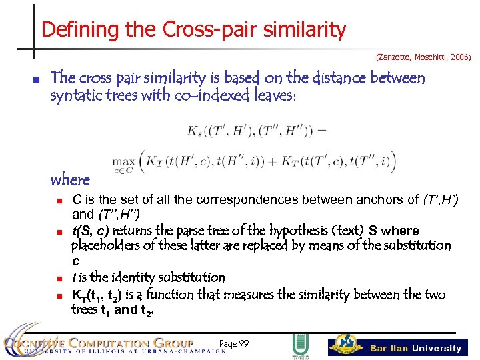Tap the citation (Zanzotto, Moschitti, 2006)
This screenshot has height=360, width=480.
(423, 58)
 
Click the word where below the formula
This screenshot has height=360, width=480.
(70, 179)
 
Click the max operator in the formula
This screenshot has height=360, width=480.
(123, 160)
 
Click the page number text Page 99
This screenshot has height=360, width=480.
(233, 344)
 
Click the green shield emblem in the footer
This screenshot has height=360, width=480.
(299, 345)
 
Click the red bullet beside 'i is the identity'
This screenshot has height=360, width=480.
(59, 277)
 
